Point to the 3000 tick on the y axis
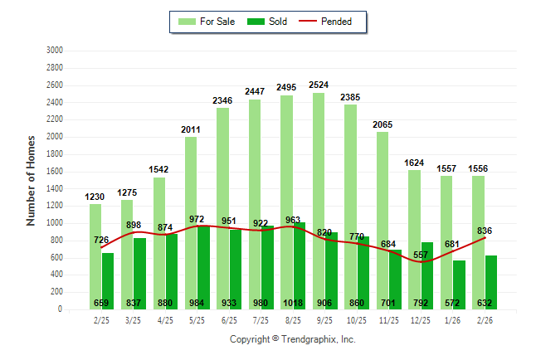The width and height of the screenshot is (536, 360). [x=54, y=50]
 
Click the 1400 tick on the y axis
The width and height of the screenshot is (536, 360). [x=54, y=188]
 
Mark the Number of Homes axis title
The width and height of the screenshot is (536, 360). [x=32, y=180]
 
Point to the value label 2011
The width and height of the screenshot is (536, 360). [x=191, y=129]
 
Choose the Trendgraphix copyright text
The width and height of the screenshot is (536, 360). [x=292, y=339]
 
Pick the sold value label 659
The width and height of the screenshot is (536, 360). [x=102, y=301]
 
